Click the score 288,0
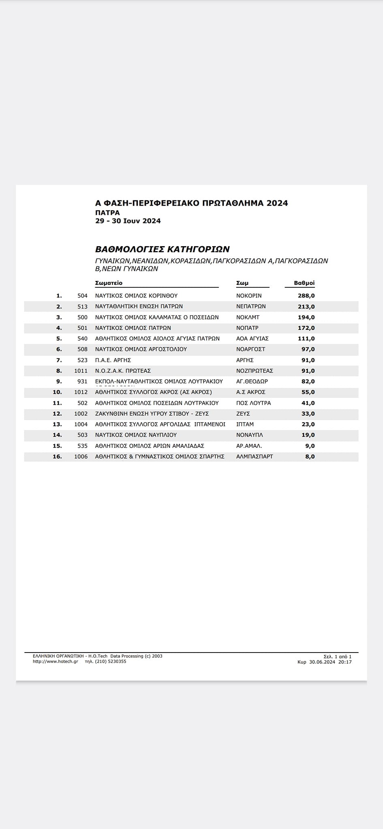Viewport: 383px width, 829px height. [x=306, y=296]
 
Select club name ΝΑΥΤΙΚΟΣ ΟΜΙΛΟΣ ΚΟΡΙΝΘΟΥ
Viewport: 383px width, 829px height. [x=136, y=296]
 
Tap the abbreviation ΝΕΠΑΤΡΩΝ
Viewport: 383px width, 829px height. [x=251, y=306]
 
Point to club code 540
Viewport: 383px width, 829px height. [x=82, y=339]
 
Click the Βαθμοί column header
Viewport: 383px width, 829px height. [x=304, y=283]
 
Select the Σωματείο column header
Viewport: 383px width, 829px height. [x=109, y=283]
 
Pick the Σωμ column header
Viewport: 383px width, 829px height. [x=242, y=283]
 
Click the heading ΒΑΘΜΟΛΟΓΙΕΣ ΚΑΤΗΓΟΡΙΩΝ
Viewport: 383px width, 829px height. [x=162, y=249]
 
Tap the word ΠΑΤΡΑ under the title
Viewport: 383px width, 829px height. [x=107, y=213]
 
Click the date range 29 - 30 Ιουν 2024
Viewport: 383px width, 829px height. [x=128, y=221]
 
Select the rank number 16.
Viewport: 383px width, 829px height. [x=57, y=457]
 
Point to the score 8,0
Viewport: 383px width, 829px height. [x=310, y=457]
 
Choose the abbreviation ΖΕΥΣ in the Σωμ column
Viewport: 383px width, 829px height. [x=243, y=414]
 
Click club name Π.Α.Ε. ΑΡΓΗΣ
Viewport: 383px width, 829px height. [x=113, y=360]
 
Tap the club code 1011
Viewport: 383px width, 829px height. [x=81, y=371]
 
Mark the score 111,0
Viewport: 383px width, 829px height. [x=306, y=339]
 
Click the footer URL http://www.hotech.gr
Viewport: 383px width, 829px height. [x=55, y=661]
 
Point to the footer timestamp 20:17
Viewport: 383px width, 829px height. [x=345, y=662]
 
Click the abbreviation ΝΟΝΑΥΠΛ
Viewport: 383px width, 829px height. [x=249, y=435]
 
